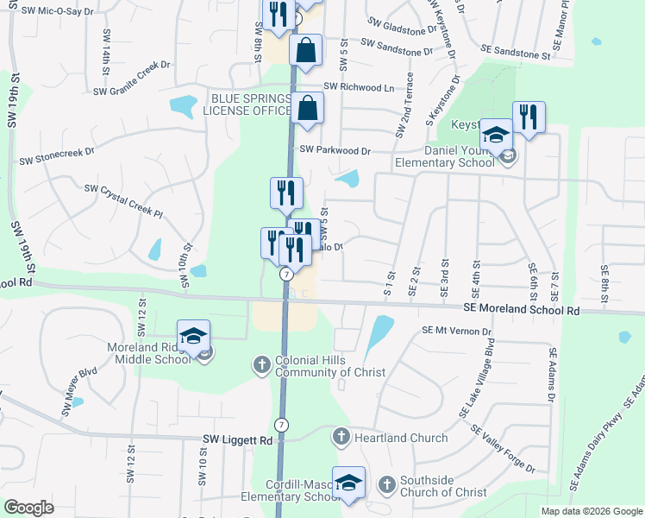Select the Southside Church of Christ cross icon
387,485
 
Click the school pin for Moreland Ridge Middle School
194,337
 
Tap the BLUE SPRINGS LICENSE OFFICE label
247,104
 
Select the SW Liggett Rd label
237,439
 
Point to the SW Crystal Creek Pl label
123,199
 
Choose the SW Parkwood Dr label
335,150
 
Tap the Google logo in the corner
29,508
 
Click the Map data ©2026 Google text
591,511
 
